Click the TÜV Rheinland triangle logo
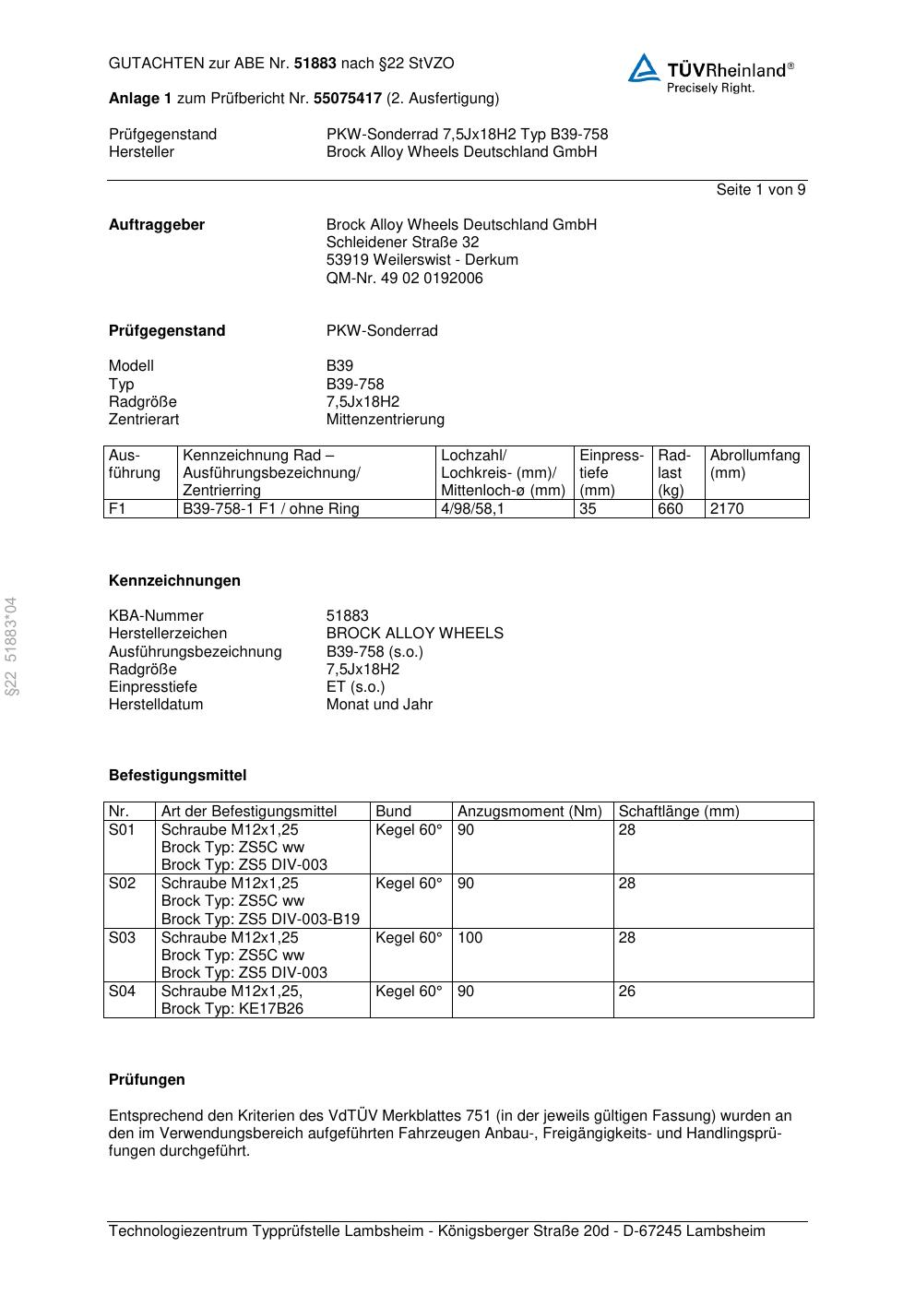pos(644,68)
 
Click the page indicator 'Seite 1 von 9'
pos(760,190)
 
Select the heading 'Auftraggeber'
pos(157,225)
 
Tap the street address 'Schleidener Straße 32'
pos(402,243)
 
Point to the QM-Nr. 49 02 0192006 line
pos(404,279)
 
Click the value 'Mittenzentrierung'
pos(385,420)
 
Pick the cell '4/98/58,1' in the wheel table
pos(472,509)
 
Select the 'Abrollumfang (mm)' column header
pos(755,464)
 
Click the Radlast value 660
pos(671,509)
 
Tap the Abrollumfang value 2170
pos(726,509)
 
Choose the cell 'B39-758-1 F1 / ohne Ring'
pos(271,509)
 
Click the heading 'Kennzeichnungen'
pos(174,581)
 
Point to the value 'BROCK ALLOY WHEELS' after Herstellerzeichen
pos(414,634)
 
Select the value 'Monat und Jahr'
pos(379,705)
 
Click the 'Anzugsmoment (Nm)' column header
pos(529,812)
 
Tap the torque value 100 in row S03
pos(469,938)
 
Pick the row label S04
pos(122,992)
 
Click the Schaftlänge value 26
pos(627,992)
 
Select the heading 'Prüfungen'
pos(147,1080)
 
